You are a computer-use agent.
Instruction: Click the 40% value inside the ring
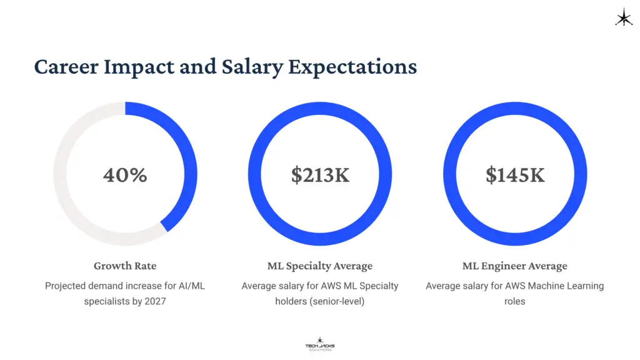tap(125, 175)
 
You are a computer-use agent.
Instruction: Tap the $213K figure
tap(320, 175)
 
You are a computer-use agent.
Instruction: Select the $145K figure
tap(515, 175)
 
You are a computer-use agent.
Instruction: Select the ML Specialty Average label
tap(320, 266)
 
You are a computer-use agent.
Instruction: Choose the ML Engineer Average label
tap(515, 266)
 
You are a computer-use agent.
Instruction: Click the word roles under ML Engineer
tap(515, 301)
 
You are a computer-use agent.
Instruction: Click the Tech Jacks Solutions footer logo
tap(320, 344)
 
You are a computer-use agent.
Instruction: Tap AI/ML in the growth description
tap(191, 286)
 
